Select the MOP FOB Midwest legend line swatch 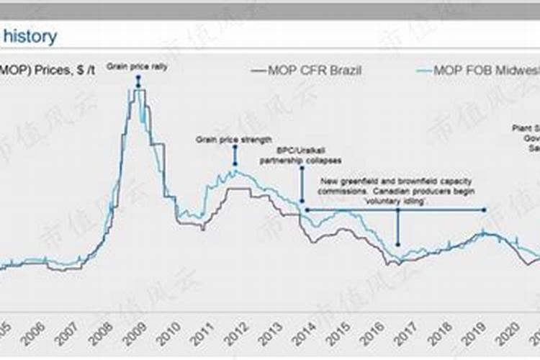click(427, 71)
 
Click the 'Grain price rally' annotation click(137, 66)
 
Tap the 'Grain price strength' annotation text click(234, 139)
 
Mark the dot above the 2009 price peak click(138, 76)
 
